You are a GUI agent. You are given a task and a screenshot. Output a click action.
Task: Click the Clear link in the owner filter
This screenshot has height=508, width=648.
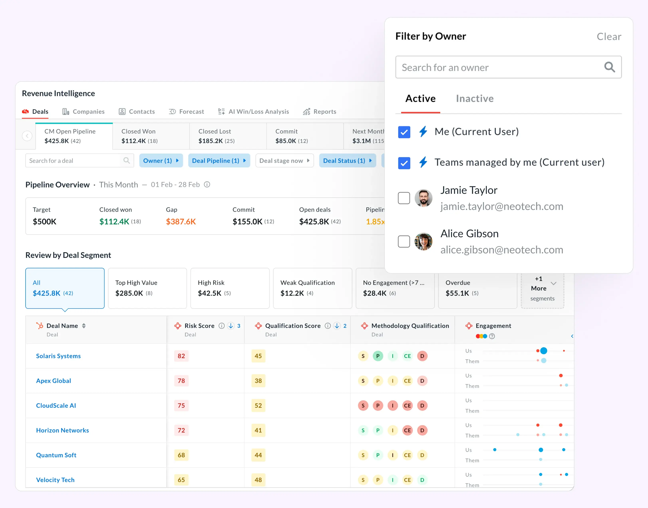coord(609,37)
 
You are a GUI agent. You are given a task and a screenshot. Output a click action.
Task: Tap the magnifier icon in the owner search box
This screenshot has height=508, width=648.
coord(609,67)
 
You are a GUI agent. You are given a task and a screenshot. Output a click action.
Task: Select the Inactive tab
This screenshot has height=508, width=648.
coord(475,98)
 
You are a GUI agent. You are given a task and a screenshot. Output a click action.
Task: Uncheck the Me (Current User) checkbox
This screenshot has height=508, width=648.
coord(404,132)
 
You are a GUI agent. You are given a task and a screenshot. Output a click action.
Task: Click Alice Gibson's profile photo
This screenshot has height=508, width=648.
coord(423,241)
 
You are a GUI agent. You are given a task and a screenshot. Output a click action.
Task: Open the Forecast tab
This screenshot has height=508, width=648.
coord(187,112)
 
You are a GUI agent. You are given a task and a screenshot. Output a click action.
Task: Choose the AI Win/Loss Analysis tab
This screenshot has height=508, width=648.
coord(253,112)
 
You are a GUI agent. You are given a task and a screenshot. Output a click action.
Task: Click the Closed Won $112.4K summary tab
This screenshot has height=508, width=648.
coord(151,136)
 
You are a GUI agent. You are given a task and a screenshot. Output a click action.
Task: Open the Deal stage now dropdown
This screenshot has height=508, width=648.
coord(284,161)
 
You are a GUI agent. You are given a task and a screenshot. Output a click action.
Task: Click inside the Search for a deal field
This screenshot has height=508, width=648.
coord(74,161)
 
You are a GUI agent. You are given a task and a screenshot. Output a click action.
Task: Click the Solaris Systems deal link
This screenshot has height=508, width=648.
coord(58,356)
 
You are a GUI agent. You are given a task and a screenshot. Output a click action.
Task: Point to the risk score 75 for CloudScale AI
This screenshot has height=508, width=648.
coord(181,406)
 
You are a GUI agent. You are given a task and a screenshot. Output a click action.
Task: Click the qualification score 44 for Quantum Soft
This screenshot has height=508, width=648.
coord(258,455)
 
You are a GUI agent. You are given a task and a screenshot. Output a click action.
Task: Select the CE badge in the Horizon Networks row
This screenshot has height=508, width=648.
coord(407,430)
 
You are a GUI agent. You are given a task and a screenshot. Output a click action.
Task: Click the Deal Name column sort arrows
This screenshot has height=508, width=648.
coord(84,326)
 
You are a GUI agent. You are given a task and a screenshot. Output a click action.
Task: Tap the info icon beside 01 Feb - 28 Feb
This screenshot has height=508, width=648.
coord(207,185)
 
